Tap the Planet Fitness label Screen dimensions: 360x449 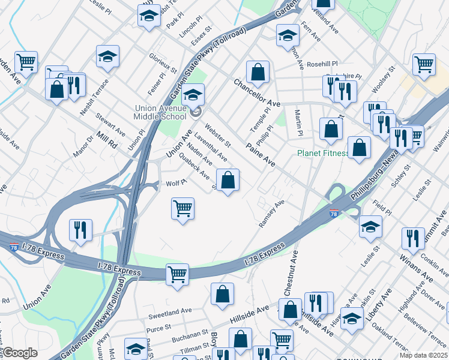pyautogui.click(x=323, y=153)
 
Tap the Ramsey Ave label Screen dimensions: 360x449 pyautogui.click(x=271, y=214)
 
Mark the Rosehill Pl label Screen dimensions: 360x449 pyautogui.click(x=322, y=63)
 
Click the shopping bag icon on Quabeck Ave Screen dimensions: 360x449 pyautogui.click(x=228, y=179)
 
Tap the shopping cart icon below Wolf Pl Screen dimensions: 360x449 pyautogui.click(x=182, y=208)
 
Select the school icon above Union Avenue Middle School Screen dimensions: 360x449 pyautogui.click(x=193, y=95)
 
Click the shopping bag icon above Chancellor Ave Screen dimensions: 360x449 pyautogui.click(x=258, y=72)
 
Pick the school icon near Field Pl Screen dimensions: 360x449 pyautogui.click(x=370, y=226)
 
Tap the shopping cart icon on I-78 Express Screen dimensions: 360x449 pyautogui.click(x=178, y=274)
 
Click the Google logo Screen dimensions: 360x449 pyautogui.click(x=20, y=353)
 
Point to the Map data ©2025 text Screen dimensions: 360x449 pyautogui.click(x=425, y=355)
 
